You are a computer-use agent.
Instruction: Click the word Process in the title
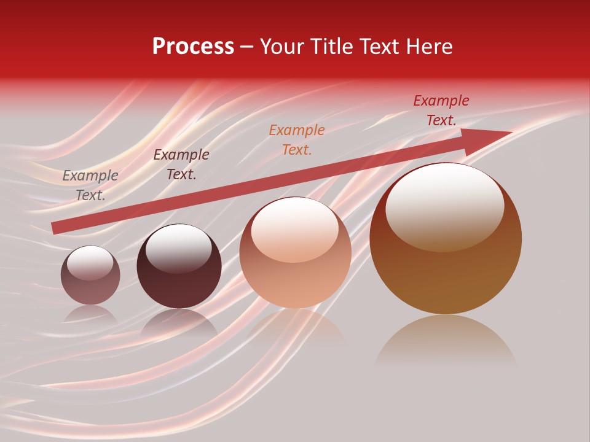193,47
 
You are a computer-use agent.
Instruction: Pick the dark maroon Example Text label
181,165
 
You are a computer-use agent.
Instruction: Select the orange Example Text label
297,139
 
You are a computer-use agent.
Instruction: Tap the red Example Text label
441,110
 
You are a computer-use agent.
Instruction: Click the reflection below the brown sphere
446,341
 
